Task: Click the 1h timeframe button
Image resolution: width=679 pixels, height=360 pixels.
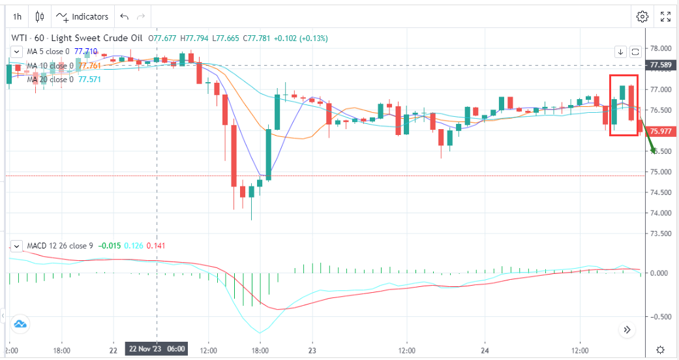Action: pyautogui.click(x=18, y=16)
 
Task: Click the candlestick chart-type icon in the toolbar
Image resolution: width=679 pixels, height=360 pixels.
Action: pyautogui.click(x=40, y=16)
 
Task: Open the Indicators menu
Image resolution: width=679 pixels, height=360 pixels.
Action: pyautogui.click(x=83, y=16)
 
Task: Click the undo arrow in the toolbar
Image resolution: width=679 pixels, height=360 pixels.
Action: pyautogui.click(x=125, y=16)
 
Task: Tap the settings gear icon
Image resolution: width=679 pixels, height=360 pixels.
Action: pyautogui.click(x=642, y=16)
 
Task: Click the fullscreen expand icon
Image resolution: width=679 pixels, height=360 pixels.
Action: pyautogui.click(x=666, y=16)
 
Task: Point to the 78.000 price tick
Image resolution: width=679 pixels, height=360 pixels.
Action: pyautogui.click(x=661, y=48)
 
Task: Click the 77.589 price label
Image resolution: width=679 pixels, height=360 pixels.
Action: pyautogui.click(x=661, y=65)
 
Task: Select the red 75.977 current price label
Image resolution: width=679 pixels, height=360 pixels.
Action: pyautogui.click(x=661, y=131)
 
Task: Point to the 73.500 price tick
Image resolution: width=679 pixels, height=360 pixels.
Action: pyautogui.click(x=661, y=233)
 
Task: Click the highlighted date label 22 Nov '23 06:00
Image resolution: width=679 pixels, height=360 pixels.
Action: pyautogui.click(x=157, y=349)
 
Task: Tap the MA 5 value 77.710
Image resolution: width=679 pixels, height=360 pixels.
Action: pyautogui.click(x=85, y=51)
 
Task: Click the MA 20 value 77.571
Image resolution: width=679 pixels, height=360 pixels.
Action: pyautogui.click(x=89, y=80)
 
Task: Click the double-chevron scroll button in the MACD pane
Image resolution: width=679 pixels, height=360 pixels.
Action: pyautogui.click(x=627, y=330)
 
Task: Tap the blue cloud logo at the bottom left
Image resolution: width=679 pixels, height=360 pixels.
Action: pyautogui.click(x=20, y=324)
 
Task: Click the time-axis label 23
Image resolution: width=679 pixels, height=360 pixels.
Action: pyautogui.click(x=312, y=349)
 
